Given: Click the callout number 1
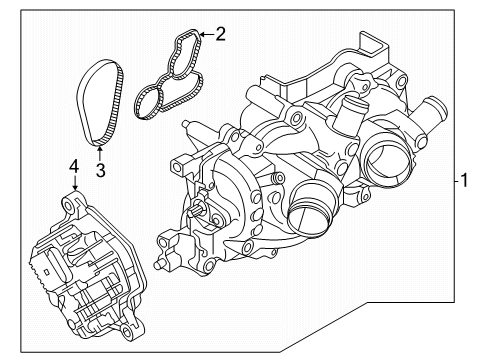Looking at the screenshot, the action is pyautogui.click(x=464, y=180).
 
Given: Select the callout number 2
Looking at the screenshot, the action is pyautogui.click(x=221, y=34).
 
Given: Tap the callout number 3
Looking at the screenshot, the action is pyautogui.click(x=100, y=170).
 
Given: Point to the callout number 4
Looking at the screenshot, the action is pyautogui.click(x=74, y=167).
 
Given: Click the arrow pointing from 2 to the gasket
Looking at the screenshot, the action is pyautogui.click(x=207, y=34).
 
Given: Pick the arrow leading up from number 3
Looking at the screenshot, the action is pyautogui.click(x=100, y=154).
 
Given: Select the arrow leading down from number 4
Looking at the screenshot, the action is pyautogui.click(x=74, y=183).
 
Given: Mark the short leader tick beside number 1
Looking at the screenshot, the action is pyautogui.click(x=457, y=181).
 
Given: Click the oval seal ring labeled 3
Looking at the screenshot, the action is pyautogui.click(x=82, y=100).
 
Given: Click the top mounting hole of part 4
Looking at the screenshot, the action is pyautogui.click(x=69, y=206).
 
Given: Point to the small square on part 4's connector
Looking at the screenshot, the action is pyautogui.click(x=46, y=272).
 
